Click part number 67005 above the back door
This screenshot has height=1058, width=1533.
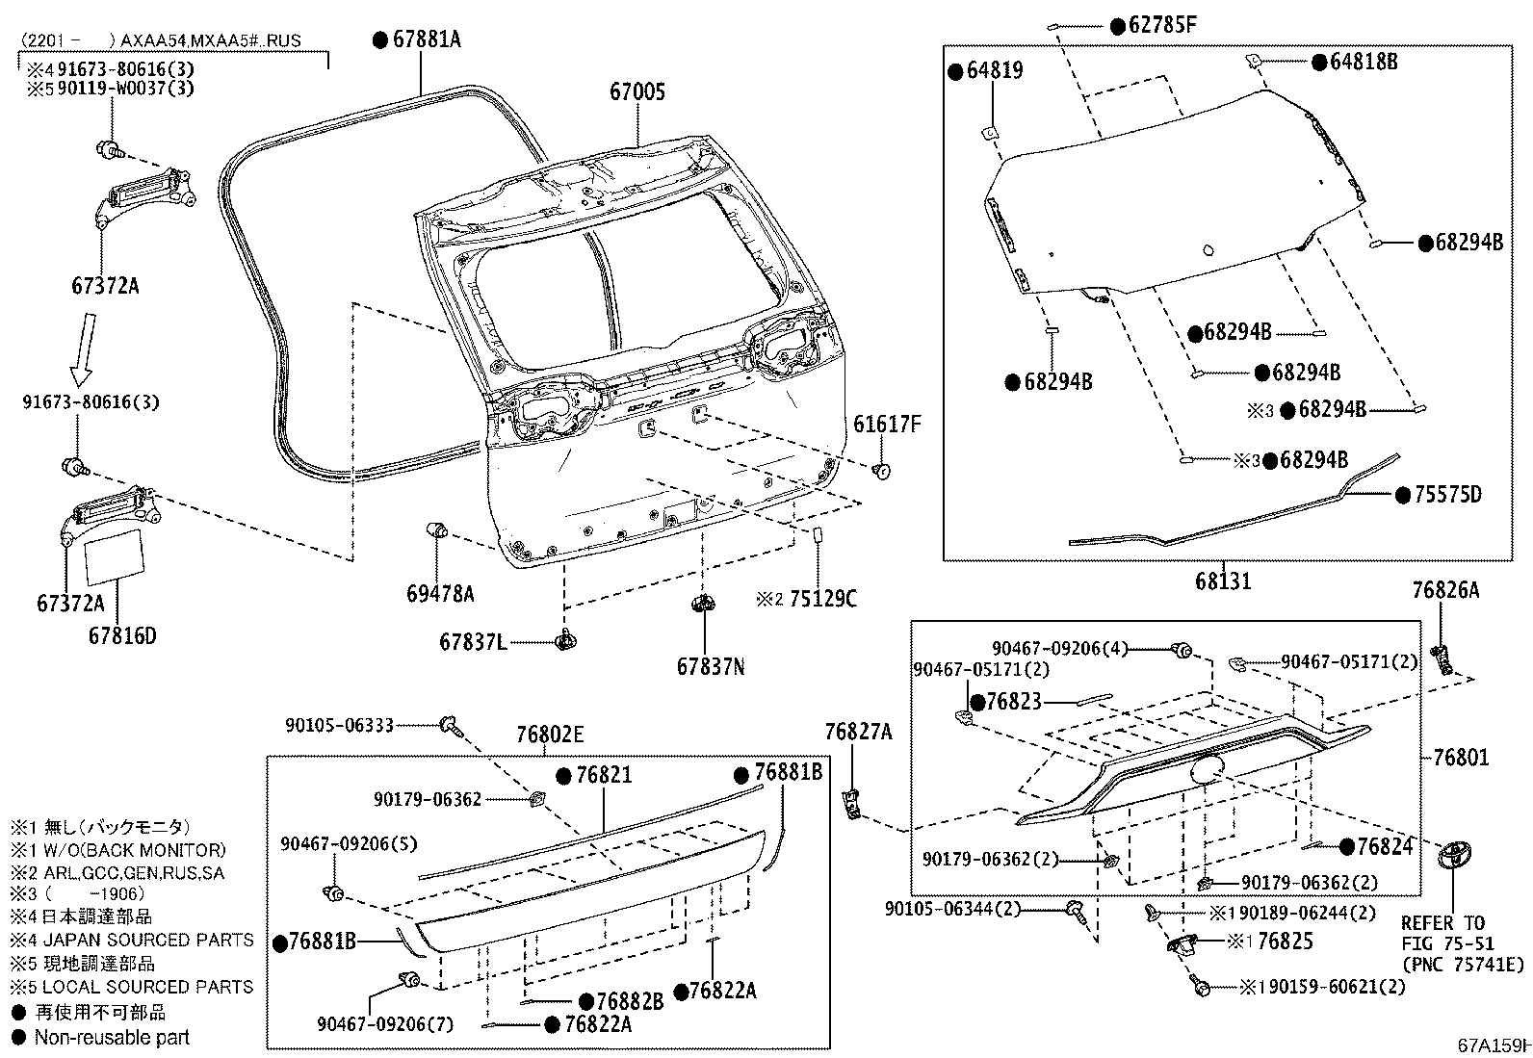point(637,92)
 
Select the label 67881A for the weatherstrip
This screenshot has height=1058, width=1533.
point(427,39)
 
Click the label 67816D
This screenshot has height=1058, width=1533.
point(122,635)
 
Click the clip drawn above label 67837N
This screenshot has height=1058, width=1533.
point(703,606)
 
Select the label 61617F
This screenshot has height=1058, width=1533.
point(887,425)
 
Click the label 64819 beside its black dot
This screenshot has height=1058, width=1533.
point(995,71)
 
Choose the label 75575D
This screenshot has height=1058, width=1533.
point(1446,495)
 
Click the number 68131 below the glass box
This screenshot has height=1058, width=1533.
point(1223,581)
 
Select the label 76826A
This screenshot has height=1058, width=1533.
point(1445,590)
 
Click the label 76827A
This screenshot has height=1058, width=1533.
point(858,732)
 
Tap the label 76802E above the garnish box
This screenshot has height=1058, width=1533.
point(549,735)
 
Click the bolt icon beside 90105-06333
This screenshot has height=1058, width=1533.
point(451,725)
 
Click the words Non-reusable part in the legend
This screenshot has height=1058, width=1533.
point(112,1037)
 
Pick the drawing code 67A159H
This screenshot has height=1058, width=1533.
point(1493,1045)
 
